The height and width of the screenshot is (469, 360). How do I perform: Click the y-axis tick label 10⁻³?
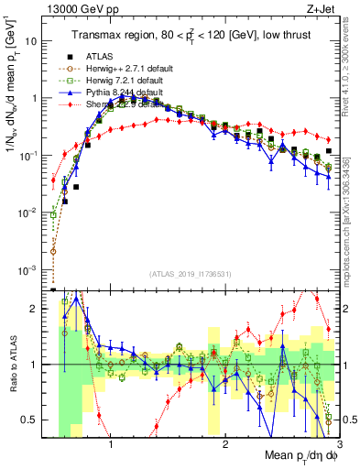click(x=30, y=268)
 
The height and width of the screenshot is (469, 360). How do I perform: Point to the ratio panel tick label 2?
click(x=38, y=309)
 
